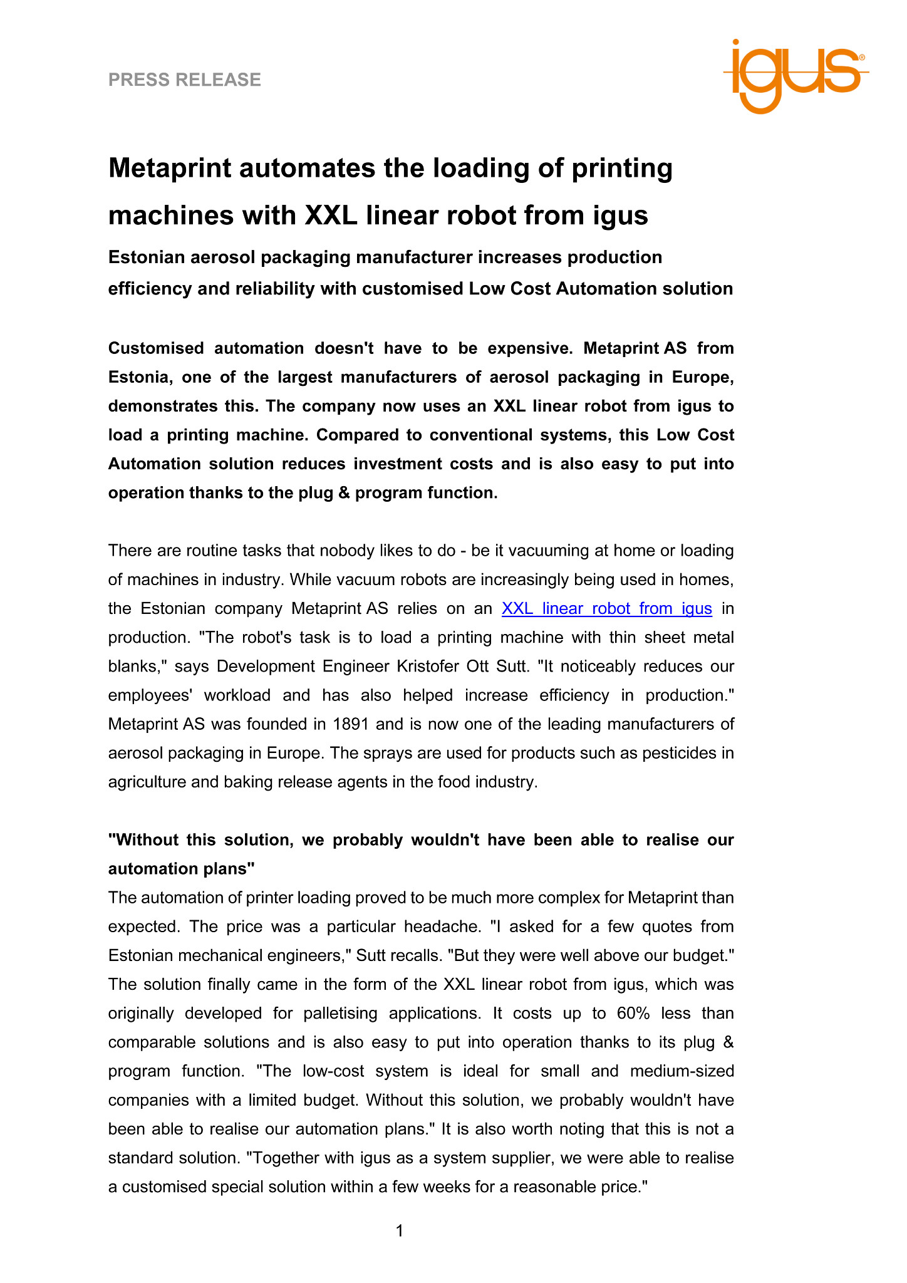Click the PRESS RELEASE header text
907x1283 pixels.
(185, 80)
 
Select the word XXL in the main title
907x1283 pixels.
(331, 216)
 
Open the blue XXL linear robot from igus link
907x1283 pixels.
(606, 608)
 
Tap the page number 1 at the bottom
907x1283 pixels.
(400, 1231)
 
